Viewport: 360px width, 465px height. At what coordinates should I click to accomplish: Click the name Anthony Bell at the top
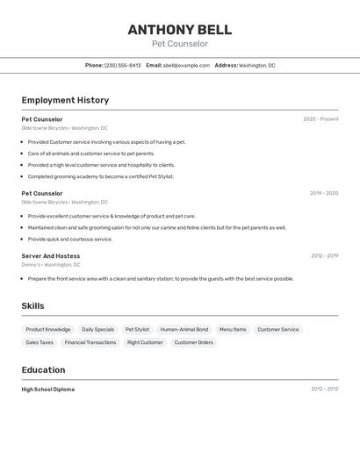(x=180, y=30)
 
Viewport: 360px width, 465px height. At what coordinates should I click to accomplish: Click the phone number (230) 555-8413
(x=122, y=65)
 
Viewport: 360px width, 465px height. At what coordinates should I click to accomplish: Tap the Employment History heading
(x=65, y=100)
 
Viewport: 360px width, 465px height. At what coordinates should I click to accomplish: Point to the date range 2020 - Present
(x=320, y=119)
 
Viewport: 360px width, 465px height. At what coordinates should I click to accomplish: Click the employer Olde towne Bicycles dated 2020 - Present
(x=65, y=128)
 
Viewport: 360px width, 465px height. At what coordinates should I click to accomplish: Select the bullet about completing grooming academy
(x=101, y=176)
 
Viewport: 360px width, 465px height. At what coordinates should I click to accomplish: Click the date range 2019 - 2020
(x=324, y=193)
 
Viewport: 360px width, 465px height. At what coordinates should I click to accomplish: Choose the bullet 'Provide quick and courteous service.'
(x=70, y=239)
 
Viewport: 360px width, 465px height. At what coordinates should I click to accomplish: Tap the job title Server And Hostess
(x=51, y=256)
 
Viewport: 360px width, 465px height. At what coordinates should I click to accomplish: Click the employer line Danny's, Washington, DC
(x=51, y=264)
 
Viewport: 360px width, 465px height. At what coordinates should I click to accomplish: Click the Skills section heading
(x=32, y=306)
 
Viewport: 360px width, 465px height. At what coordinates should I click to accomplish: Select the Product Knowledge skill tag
(x=48, y=330)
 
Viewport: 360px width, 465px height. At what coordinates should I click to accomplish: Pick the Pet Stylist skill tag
(x=137, y=330)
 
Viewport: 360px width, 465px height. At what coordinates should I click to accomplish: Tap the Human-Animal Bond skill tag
(x=184, y=330)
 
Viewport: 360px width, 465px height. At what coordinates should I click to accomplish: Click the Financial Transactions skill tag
(x=90, y=342)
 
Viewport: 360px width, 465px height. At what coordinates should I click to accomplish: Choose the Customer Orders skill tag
(x=194, y=342)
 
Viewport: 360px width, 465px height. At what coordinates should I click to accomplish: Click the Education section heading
(x=43, y=369)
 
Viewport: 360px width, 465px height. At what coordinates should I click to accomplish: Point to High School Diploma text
(x=48, y=389)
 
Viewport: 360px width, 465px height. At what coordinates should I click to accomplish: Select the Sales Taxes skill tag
(x=40, y=342)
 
